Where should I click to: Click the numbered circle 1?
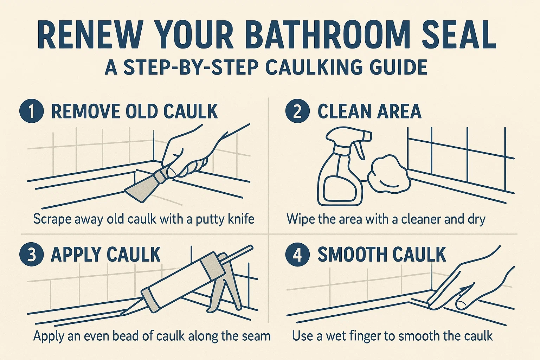click(x=32, y=111)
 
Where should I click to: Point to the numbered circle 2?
click(x=297, y=111)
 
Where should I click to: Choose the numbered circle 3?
click(x=32, y=255)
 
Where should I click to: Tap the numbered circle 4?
click(x=297, y=255)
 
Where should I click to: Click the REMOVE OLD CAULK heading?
click(x=134, y=111)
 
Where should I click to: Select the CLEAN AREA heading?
click(x=369, y=111)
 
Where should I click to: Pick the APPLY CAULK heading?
click(x=105, y=255)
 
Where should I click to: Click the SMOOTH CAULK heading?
click(x=381, y=255)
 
